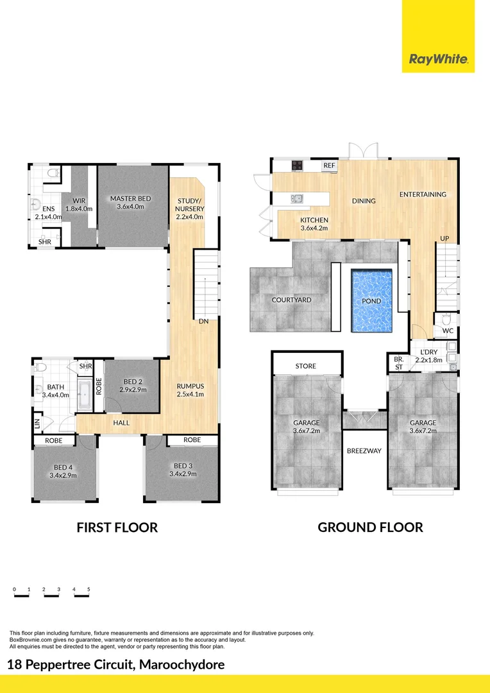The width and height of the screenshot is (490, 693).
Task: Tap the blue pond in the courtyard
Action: (371, 300)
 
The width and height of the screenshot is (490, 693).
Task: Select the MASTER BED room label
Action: (130, 199)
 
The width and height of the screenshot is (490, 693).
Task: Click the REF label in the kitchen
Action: (329, 166)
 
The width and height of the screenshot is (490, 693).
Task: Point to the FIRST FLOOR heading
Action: (117, 527)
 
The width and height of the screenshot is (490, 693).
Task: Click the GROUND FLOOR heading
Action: (370, 527)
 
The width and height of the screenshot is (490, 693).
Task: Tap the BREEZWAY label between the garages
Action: (364, 451)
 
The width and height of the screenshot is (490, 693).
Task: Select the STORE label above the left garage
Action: (305, 366)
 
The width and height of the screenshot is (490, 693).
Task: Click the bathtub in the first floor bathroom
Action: (84, 395)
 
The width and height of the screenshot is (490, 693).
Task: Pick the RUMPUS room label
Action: (190, 386)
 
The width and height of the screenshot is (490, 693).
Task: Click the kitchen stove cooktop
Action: (298, 166)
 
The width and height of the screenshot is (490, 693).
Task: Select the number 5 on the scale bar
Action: (89, 588)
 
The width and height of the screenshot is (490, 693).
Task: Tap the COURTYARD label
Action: (291, 300)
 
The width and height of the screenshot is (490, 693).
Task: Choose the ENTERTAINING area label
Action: (423, 194)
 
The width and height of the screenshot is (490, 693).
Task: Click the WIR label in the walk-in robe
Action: (79, 201)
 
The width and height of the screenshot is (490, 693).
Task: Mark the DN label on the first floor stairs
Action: (203, 321)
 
